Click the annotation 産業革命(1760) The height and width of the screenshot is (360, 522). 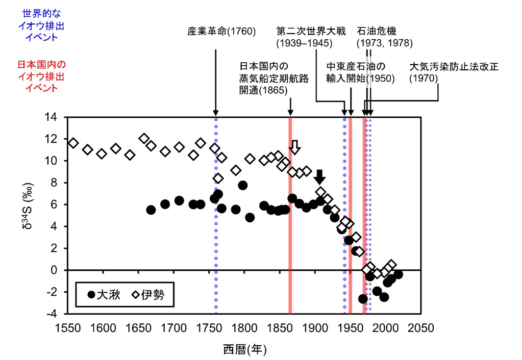coord(221,31)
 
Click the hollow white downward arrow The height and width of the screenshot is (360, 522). coord(295,147)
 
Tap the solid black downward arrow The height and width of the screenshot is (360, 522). coord(319,177)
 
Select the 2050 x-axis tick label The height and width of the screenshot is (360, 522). coord(420,327)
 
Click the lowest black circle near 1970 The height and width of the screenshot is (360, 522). coord(363,299)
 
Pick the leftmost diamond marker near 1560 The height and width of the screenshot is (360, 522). coord(73,143)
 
